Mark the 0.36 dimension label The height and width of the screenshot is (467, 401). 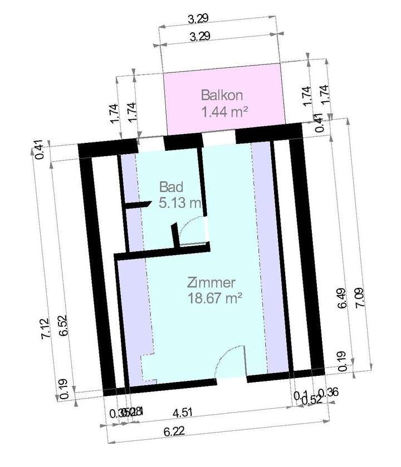(331, 391)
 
